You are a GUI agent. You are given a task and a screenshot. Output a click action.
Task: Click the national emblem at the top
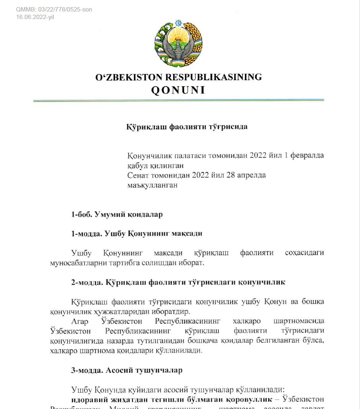tap(179, 44)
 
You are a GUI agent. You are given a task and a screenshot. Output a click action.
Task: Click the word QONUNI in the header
tap(178, 90)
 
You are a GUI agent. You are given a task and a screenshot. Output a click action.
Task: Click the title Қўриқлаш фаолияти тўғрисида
tap(187, 127)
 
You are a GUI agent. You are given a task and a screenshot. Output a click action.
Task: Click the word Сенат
tap(139, 175)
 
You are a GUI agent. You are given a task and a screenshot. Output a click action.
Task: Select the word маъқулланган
tap(152, 185)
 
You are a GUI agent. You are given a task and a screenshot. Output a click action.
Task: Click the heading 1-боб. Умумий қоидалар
tap(117, 214)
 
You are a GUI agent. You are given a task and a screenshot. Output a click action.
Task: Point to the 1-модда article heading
tap(137, 233)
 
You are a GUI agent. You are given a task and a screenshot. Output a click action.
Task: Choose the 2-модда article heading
tap(178, 282)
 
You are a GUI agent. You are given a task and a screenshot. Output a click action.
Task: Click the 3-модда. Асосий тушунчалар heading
tap(127, 370)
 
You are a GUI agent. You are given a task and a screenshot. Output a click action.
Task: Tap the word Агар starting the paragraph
tap(80, 321)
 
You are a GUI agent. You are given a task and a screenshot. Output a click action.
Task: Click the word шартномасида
tap(299, 321)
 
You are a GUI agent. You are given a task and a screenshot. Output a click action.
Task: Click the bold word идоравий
tap(89, 399)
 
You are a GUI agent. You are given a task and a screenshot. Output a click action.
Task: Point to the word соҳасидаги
tap(304, 253)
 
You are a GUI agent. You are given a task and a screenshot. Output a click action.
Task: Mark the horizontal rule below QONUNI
tap(178, 100)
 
